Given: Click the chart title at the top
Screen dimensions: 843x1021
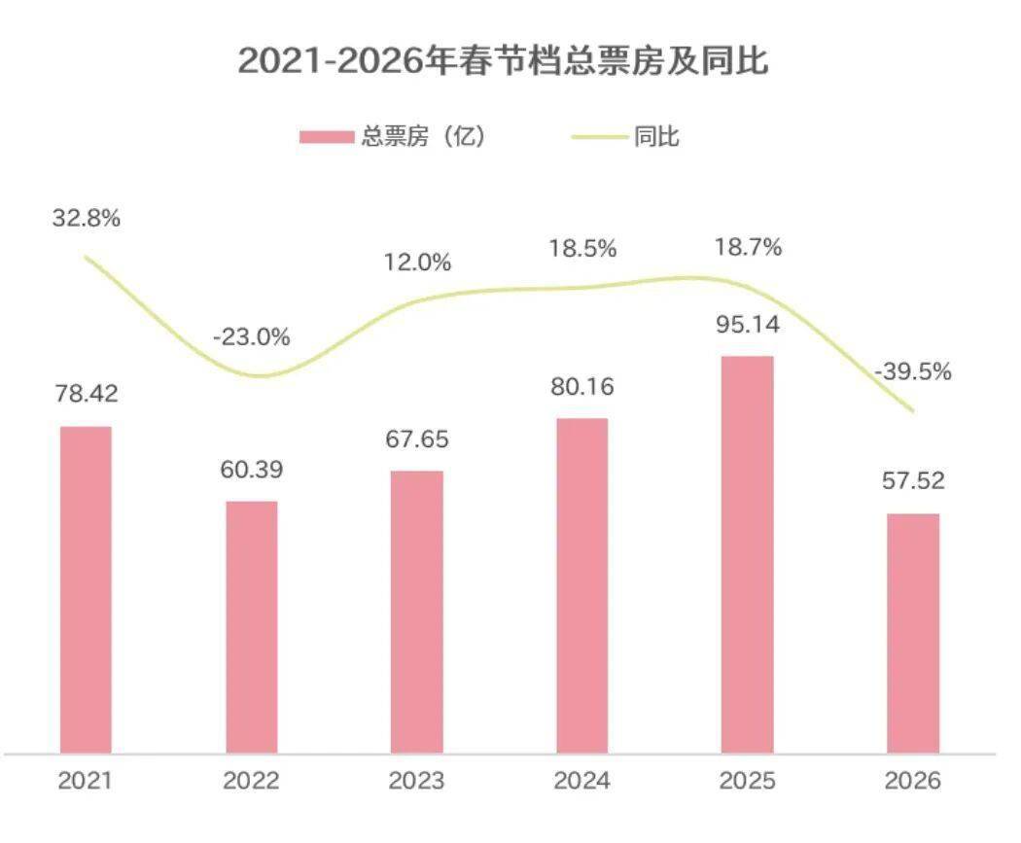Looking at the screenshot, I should (x=504, y=60).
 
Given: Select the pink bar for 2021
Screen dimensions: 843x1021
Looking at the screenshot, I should (x=86, y=589).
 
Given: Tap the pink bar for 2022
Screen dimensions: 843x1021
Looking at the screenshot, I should (x=252, y=626).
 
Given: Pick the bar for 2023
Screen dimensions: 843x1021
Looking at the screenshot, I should (x=417, y=612).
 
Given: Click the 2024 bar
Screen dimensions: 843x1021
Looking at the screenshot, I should (x=581, y=585).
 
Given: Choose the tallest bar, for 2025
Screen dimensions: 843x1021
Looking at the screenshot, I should (x=747, y=554).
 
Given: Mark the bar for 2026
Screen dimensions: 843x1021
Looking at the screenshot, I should (x=913, y=633).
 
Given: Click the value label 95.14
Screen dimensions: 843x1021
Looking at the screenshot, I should (x=747, y=325).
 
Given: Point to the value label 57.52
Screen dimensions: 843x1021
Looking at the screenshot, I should (x=912, y=481).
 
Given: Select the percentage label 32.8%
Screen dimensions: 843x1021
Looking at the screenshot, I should (x=87, y=218).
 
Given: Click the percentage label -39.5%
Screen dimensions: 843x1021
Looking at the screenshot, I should (x=912, y=372).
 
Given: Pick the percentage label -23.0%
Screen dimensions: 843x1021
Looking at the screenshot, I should (x=252, y=337).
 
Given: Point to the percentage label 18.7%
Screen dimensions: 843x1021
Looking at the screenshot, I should (x=747, y=248).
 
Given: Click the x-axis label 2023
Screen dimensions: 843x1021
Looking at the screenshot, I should (x=416, y=781).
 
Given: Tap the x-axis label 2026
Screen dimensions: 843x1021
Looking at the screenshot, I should (x=912, y=781).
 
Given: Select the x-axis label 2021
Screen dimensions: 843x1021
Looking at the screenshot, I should (x=86, y=781).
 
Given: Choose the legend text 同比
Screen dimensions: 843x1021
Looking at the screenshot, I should (x=657, y=137).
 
